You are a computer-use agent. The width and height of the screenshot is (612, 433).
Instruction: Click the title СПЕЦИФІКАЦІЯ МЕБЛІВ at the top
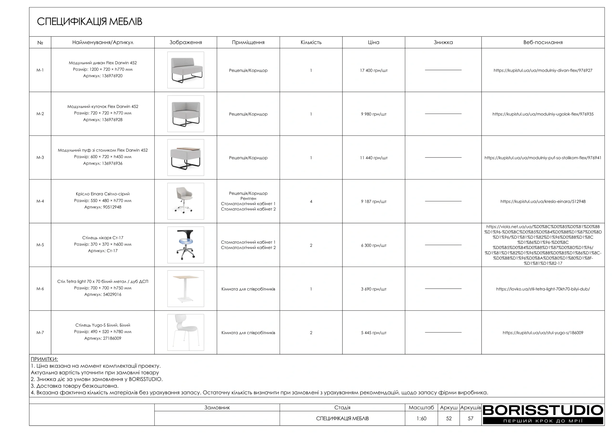pyautogui.click(x=90, y=22)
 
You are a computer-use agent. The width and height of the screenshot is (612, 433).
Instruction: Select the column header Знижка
pyautogui.click(x=443, y=42)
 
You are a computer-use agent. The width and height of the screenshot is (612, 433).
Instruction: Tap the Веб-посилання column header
pyautogui.click(x=543, y=42)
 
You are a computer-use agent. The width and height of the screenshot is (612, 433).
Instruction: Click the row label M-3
pyautogui.click(x=40, y=157)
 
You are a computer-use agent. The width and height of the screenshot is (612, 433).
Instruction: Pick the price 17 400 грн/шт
pyautogui.click(x=373, y=70)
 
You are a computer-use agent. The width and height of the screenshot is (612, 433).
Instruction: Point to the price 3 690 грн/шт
pyautogui.click(x=373, y=289)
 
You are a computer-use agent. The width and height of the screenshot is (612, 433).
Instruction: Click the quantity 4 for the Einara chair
pyautogui.click(x=311, y=201)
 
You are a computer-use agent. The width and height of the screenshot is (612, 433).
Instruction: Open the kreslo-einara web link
pyautogui.click(x=543, y=201)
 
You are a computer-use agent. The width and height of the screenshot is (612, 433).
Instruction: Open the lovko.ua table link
pyautogui.click(x=543, y=289)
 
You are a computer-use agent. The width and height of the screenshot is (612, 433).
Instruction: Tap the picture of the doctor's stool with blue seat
pyautogui.click(x=186, y=245)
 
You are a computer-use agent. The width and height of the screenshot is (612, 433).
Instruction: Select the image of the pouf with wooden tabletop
pyautogui.click(x=186, y=157)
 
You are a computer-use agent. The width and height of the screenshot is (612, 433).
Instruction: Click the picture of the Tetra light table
pyautogui.click(x=186, y=289)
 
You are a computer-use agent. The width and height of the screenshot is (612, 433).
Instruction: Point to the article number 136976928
pyautogui.click(x=112, y=120)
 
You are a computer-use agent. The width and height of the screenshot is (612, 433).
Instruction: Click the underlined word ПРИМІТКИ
pyautogui.click(x=44, y=359)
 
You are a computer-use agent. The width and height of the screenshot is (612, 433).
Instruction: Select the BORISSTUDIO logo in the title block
pyautogui.click(x=543, y=414)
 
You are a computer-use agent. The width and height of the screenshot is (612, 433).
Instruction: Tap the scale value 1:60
pyautogui.click(x=421, y=418)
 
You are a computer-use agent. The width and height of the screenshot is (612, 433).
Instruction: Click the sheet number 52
pyautogui.click(x=449, y=418)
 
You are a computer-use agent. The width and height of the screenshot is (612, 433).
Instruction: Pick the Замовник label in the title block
pyautogui.click(x=217, y=407)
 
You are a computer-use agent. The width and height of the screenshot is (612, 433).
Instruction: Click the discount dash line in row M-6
pyautogui.click(x=443, y=289)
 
